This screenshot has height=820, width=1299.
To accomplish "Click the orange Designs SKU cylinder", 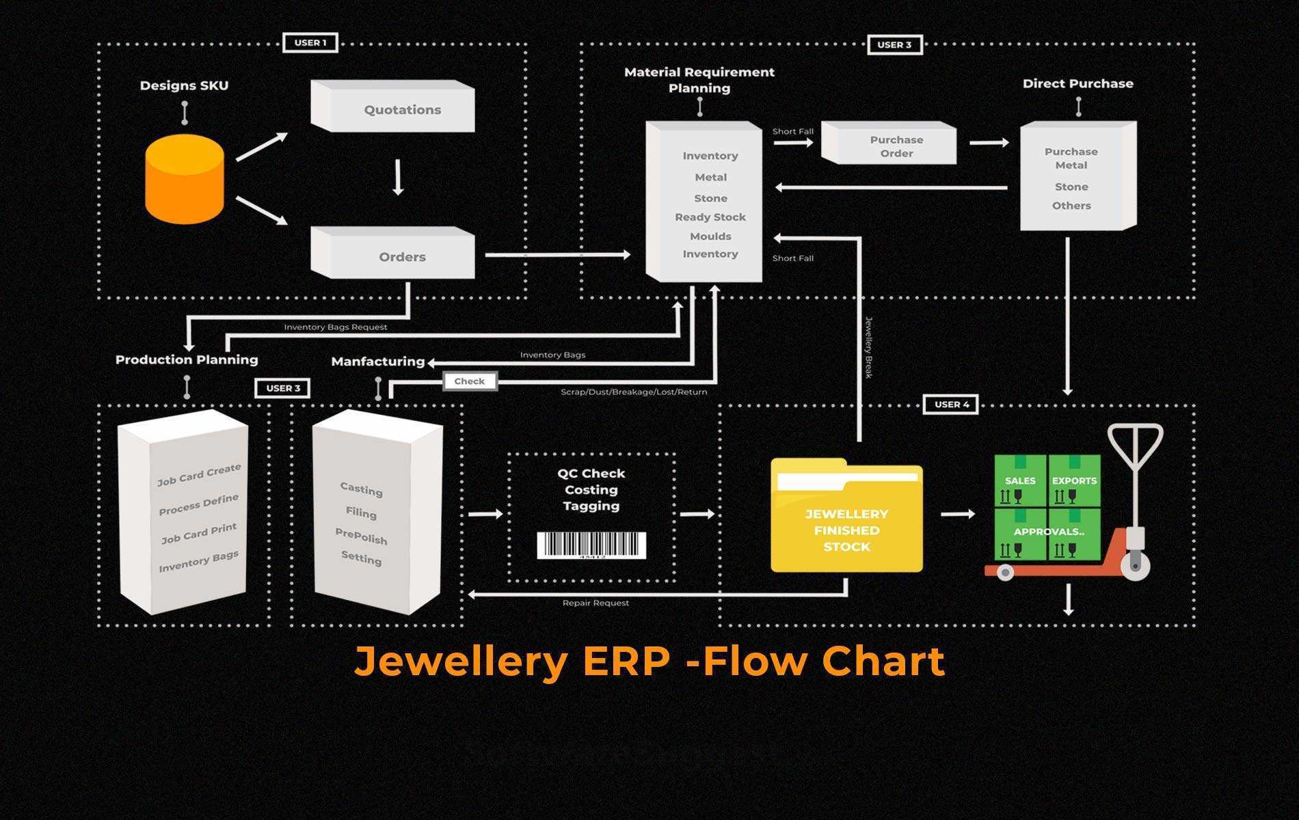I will [x=185, y=179].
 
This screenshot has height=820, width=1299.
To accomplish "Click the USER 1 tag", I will [x=310, y=42].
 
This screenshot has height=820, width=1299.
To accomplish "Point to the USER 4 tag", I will [x=951, y=405].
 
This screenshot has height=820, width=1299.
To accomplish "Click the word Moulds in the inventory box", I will [x=710, y=236].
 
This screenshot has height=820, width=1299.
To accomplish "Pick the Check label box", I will [x=469, y=381].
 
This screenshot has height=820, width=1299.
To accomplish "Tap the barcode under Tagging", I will [x=591, y=545].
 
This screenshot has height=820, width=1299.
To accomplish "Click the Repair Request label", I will [x=595, y=603].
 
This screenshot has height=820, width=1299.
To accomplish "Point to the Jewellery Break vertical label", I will [x=869, y=347].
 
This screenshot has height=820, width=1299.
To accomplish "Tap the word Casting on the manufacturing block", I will [x=361, y=489].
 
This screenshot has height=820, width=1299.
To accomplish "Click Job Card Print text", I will [x=199, y=533].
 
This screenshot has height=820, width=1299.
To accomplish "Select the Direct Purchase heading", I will [x=1077, y=83].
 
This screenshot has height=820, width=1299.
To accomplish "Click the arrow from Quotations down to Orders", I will [x=399, y=178].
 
